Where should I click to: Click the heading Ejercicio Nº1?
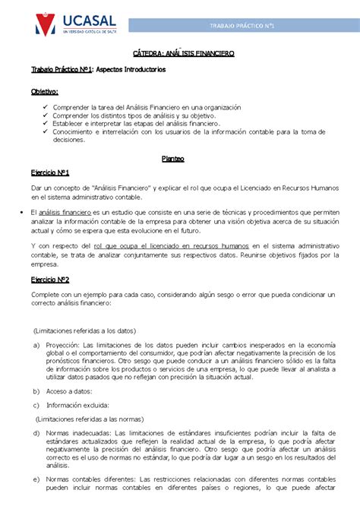point(50,172)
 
